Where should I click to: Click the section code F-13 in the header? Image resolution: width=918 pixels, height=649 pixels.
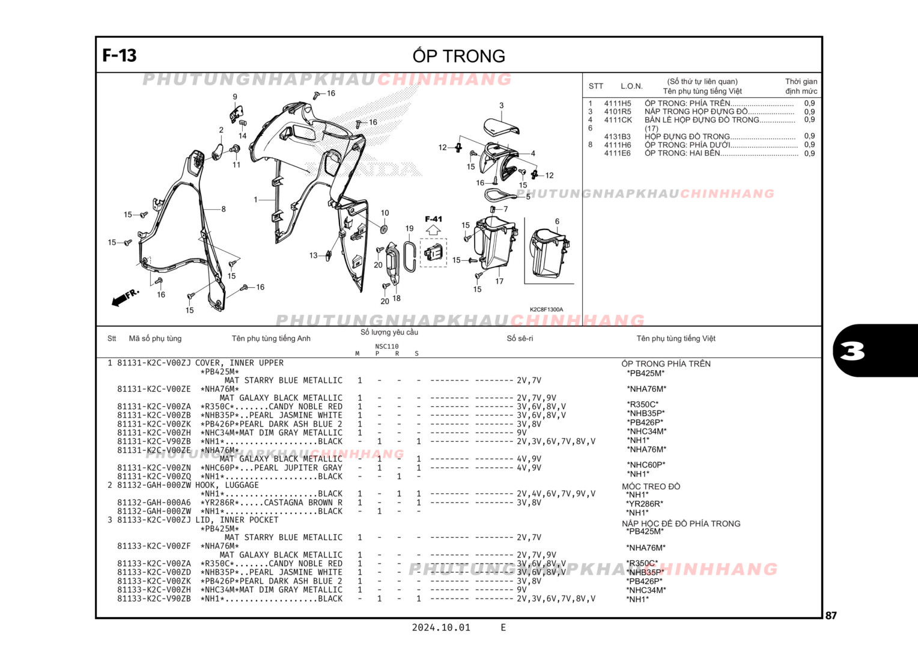point(120,55)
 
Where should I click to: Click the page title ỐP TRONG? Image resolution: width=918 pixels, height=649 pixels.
point(458,56)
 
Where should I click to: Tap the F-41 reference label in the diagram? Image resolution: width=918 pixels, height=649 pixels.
point(433,219)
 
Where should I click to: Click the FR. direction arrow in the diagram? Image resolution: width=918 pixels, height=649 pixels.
point(125,297)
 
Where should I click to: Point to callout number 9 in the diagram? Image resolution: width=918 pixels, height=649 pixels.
point(235,97)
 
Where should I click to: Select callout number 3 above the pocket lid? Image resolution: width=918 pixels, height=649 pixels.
point(501,106)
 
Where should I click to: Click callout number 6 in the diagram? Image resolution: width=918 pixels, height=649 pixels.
point(557,222)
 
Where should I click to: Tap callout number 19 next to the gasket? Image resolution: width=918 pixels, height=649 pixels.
point(409,228)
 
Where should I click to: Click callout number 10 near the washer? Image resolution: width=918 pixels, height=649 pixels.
point(385,213)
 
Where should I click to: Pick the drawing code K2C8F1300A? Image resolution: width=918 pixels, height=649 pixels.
point(546,309)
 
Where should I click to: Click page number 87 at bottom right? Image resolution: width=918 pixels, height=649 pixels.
point(831,615)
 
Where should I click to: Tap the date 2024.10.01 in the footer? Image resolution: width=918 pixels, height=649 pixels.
point(441,627)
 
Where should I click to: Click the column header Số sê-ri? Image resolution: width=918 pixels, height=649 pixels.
point(520,338)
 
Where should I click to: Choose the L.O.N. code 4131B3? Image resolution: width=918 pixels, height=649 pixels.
point(617,136)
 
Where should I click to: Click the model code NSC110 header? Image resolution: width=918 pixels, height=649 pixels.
point(386,346)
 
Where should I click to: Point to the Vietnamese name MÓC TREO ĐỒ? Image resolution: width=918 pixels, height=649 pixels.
point(651,486)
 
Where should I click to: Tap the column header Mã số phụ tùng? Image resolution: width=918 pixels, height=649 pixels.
point(155,338)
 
